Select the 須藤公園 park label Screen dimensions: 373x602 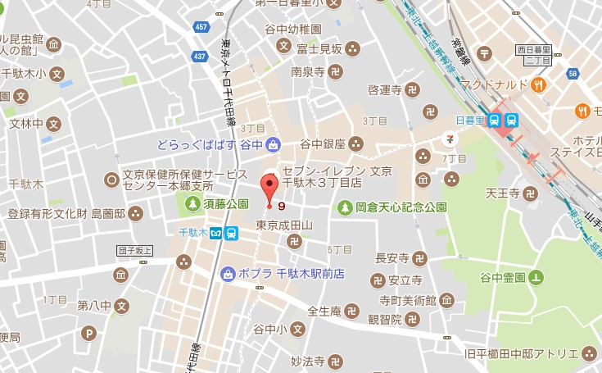click(x=226, y=202)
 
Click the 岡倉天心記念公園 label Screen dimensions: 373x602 click(x=401, y=207)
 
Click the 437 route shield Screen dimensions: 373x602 click(x=199, y=57)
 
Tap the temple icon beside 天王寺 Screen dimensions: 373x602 click(x=530, y=194)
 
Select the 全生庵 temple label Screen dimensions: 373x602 click(x=324, y=312)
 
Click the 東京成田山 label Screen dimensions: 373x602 click(x=283, y=225)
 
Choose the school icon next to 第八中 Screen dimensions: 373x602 click(x=121, y=307)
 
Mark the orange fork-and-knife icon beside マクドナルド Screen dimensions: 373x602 click(x=539, y=84)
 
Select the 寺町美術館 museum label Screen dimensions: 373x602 click(x=410, y=298)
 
